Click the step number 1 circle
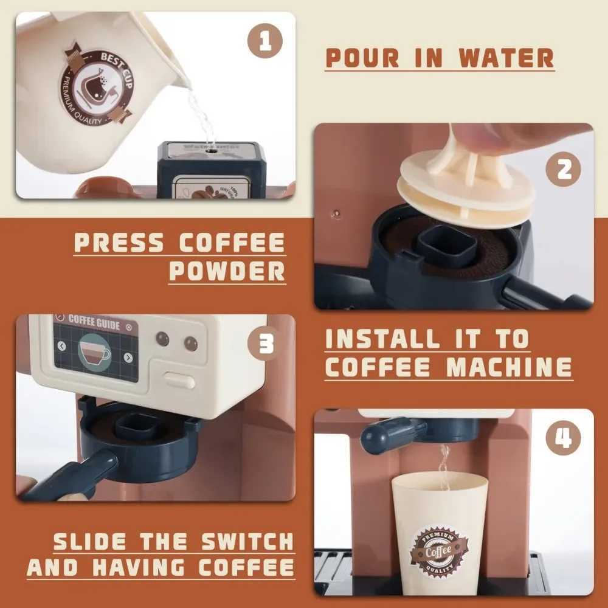(265, 43)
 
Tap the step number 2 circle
(565, 170)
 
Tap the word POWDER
(227, 271)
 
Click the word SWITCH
(243, 541)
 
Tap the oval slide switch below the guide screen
(179, 381)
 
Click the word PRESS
(119, 243)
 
